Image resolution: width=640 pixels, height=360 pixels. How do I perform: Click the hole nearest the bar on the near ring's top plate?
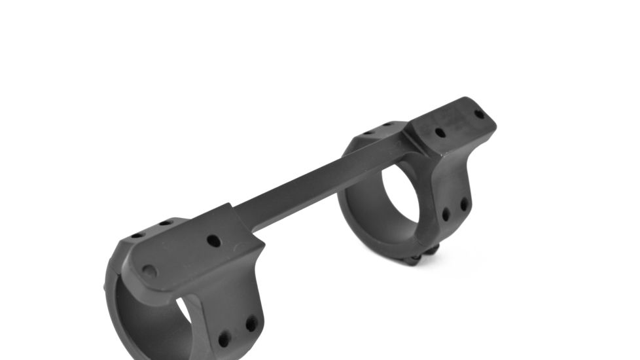pos(213,240)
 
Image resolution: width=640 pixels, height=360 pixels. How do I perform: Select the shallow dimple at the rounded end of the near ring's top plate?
pos(150,270)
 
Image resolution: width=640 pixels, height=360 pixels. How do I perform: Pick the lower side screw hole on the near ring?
pos(224,339)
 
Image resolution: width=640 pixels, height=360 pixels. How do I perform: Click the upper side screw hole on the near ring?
pos(251,323)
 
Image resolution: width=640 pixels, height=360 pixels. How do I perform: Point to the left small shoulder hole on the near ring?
pos(137,235)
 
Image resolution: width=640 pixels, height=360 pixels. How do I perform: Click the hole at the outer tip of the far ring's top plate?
pos(480,114)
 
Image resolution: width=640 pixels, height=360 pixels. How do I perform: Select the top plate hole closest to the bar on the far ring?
pos(440,133)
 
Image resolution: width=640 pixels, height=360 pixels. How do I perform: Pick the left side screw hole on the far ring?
pos(446,214)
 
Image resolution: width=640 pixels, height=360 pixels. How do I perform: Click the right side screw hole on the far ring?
pos(464,204)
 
